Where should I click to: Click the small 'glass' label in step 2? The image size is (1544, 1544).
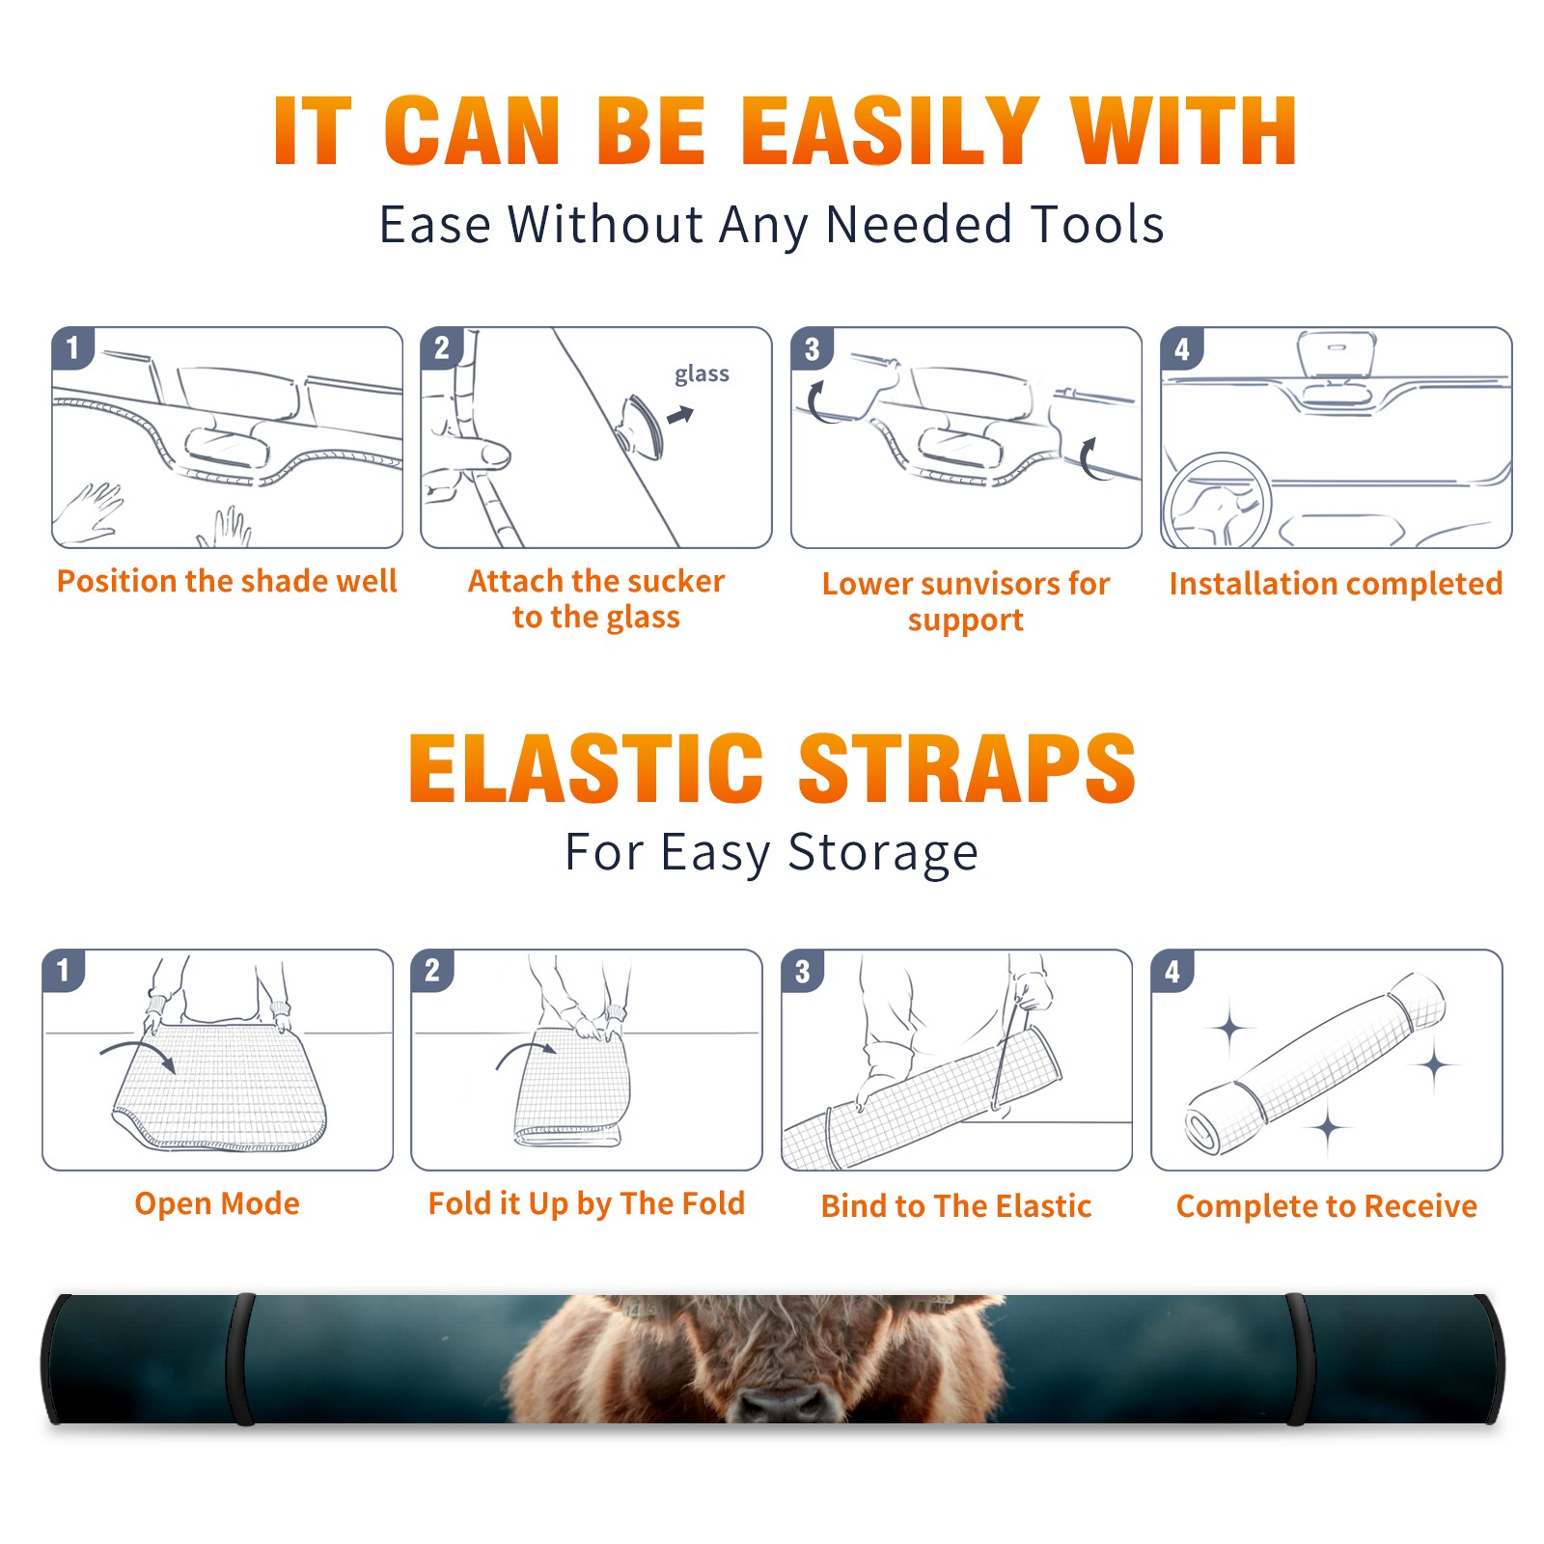coord(702,374)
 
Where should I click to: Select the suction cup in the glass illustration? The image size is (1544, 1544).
coord(641,426)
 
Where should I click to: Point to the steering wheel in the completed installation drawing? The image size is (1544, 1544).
coord(1217,501)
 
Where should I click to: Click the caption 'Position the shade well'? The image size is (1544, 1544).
coord(227,581)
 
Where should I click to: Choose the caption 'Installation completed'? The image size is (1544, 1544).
coord(1336,584)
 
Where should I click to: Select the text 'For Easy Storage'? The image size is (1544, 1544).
coord(772,853)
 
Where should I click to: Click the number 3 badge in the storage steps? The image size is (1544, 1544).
coord(803,972)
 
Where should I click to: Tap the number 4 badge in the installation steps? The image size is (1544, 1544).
coord(1182,349)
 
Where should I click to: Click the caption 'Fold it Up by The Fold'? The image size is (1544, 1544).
coord(587,1203)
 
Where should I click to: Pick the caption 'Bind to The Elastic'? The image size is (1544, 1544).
coord(956,1206)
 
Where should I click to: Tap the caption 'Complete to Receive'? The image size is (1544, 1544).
coord(1327,1206)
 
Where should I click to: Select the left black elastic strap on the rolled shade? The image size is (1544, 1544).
coord(240,1359)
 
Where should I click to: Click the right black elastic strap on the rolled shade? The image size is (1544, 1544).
coord(1298,1359)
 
